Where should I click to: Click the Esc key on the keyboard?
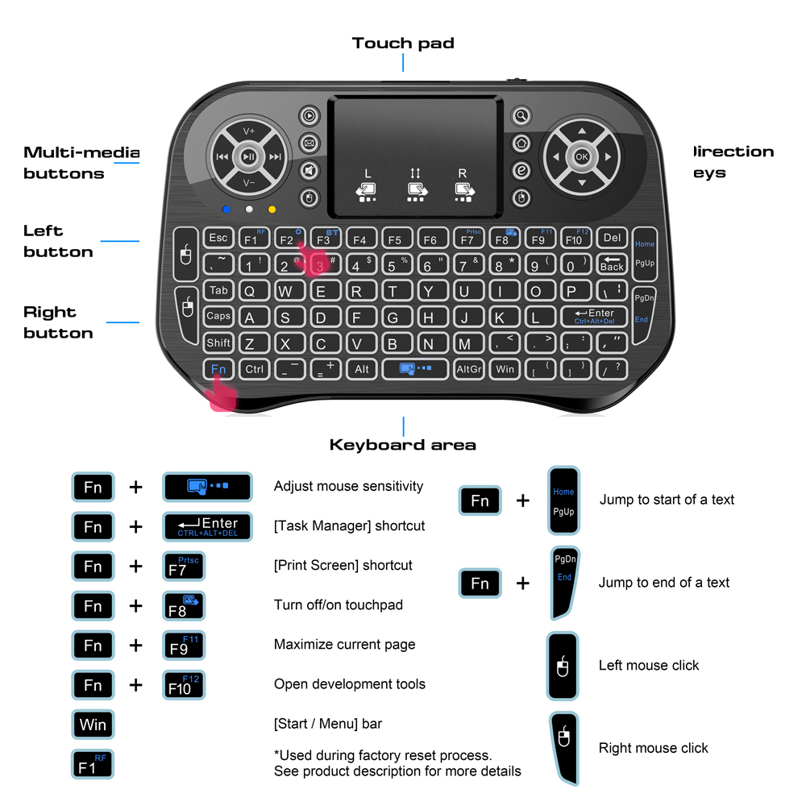(x=218, y=238)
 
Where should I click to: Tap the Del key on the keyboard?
(x=613, y=238)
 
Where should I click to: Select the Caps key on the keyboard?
(x=218, y=317)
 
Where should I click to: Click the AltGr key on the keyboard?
(x=468, y=369)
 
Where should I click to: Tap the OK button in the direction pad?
(x=582, y=157)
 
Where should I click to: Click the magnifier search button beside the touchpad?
(x=522, y=116)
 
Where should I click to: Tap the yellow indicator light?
(x=272, y=210)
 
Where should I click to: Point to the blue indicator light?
(x=227, y=210)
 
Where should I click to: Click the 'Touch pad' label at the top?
(x=403, y=44)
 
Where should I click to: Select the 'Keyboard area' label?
(x=402, y=445)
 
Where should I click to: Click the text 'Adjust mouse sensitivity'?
(x=348, y=486)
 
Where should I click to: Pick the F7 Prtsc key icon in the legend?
(x=184, y=566)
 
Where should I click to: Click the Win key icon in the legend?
(x=93, y=724)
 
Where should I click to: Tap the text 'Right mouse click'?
(x=653, y=748)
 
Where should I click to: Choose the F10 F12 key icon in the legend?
(x=184, y=684)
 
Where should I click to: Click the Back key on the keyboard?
(x=612, y=264)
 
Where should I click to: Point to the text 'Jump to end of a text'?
(x=663, y=582)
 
